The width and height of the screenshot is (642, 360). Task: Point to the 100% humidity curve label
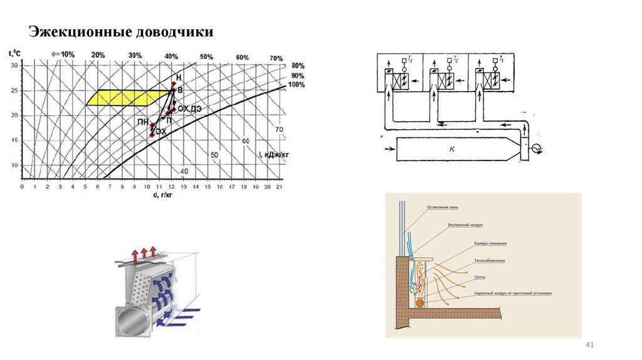296,85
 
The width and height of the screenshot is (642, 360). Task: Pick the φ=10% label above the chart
63,55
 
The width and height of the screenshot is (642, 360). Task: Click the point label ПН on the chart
143,121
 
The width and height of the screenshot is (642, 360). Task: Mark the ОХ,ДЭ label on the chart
189,109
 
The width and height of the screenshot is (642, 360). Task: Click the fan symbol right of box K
534,149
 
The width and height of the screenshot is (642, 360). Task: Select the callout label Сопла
480,276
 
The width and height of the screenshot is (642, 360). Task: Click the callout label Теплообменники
490,259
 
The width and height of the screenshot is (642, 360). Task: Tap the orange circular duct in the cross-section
419,302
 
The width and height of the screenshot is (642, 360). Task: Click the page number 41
589,346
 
